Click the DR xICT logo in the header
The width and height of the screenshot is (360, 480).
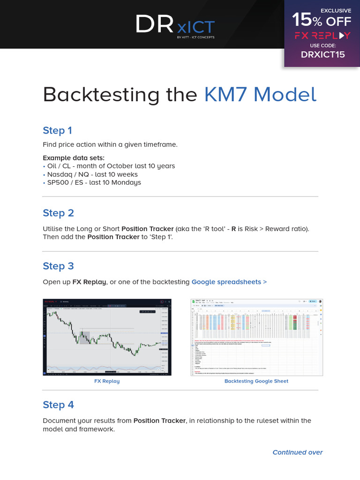click(175, 24)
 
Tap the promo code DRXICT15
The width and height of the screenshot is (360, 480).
click(322, 54)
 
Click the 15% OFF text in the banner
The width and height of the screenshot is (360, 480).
click(321, 20)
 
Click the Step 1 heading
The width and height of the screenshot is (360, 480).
click(57, 130)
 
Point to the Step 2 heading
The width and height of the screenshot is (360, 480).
click(58, 213)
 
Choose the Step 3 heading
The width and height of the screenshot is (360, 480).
click(58, 266)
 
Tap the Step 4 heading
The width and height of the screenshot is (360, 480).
click(58, 405)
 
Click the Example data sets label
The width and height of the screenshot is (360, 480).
click(74, 157)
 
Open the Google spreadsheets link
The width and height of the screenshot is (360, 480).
click(229, 282)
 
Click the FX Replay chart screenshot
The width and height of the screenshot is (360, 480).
click(106, 337)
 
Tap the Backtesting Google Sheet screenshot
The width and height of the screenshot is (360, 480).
click(256, 337)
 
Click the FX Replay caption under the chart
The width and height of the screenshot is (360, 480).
click(107, 381)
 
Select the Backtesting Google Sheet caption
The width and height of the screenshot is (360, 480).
click(256, 381)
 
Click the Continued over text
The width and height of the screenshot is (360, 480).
click(298, 452)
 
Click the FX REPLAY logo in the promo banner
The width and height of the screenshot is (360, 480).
click(322, 36)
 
